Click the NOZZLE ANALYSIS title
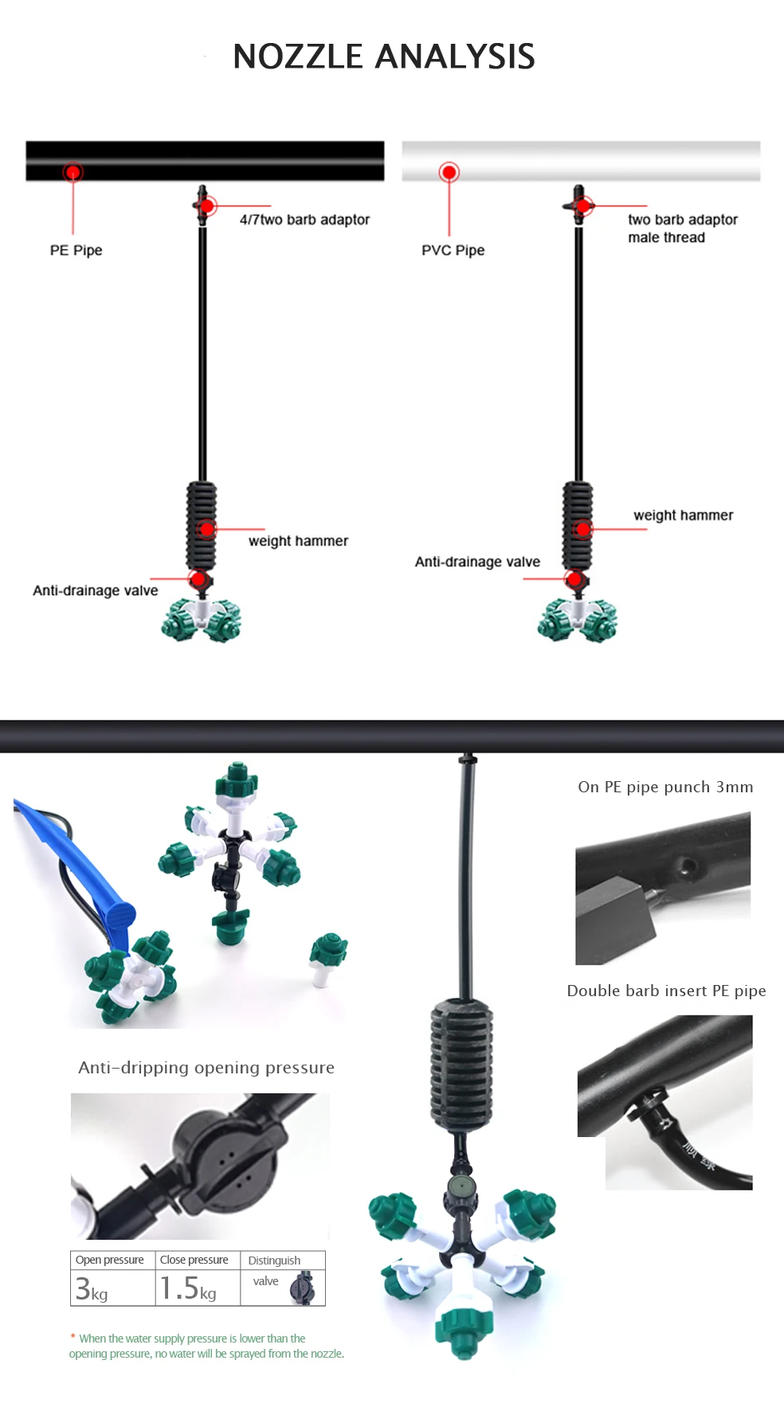coord(383,57)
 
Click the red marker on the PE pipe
coord(73,172)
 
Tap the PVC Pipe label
coord(453,250)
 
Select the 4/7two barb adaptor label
coord(304,220)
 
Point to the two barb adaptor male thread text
coord(681,229)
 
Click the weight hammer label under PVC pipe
coord(683,515)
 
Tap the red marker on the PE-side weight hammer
coord(207,529)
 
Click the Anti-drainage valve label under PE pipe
coord(95,590)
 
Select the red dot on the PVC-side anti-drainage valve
coord(574,579)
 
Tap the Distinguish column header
coord(274,1261)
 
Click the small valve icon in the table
coord(302,1288)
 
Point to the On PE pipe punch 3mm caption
coord(665,787)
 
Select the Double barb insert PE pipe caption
coord(666,991)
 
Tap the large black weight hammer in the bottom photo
coord(461,1063)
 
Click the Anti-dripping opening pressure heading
coord(206,1067)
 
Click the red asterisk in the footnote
coord(73,1338)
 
